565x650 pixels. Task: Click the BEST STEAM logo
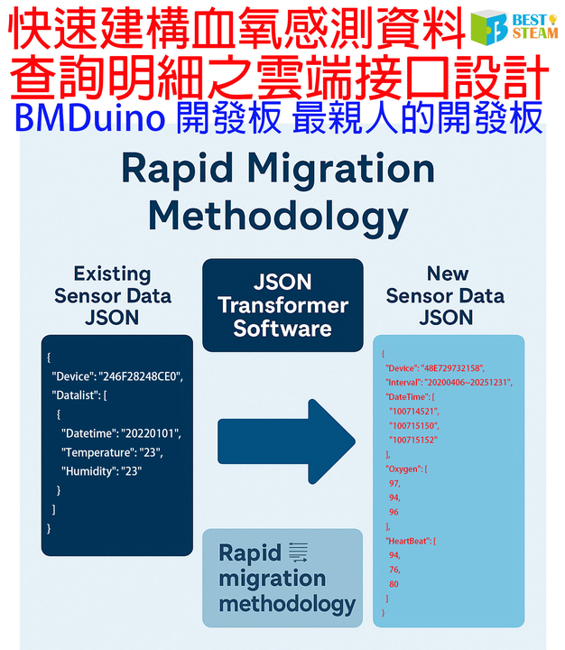point(515,26)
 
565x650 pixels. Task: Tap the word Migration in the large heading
point(347,171)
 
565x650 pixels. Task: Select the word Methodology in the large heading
point(277,217)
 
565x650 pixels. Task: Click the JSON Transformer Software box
point(282,305)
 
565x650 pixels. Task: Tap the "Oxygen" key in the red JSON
point(405,469)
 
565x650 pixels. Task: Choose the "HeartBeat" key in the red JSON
point(411,540)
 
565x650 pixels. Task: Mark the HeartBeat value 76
point(394,569)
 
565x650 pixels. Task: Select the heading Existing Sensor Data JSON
point(112,295)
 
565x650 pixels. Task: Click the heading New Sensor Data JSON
point(447,295)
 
